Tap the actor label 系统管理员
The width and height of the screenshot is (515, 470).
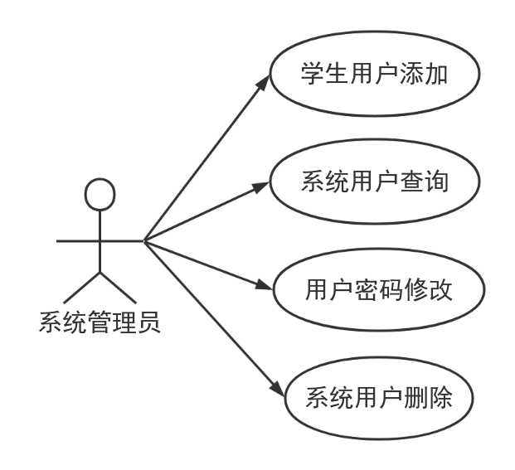100,322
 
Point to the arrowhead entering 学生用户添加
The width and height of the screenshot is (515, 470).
264,82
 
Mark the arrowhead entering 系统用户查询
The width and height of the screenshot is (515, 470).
262,187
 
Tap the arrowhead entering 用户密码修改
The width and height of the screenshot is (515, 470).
265,285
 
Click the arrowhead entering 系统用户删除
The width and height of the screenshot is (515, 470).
278,390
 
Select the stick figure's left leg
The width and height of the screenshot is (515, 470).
82,288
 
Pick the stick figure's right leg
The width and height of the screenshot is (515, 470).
118,288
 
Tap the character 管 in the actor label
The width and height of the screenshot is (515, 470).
100,322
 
